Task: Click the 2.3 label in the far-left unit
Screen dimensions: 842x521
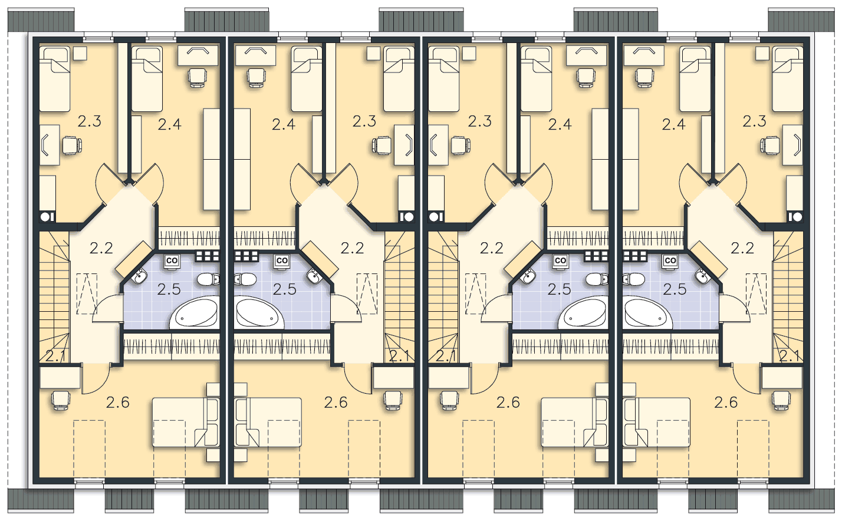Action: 90,121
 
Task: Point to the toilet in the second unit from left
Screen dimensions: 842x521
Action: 245,279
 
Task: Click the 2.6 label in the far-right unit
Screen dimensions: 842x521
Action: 726,403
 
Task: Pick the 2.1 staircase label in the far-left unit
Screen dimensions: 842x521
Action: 55,356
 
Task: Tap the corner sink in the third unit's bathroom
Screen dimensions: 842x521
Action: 528,276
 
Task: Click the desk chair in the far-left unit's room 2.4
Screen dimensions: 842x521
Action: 197,77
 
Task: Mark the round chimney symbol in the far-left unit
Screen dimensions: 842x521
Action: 45,217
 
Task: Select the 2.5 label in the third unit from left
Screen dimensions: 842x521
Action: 559,289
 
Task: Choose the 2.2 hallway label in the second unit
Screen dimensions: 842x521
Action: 352,248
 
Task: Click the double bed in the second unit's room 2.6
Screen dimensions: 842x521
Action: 268,422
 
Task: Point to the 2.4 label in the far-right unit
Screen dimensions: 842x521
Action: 673,124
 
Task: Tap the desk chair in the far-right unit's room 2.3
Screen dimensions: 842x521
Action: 770,146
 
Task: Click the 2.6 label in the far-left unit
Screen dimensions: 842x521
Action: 118,403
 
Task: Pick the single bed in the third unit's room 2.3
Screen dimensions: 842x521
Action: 443,79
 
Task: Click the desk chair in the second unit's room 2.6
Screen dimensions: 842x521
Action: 393,400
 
